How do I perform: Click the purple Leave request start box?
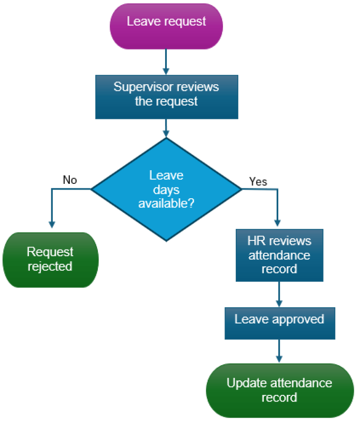pos(166,26)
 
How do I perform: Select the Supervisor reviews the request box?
pos(166,97)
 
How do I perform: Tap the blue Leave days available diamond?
pos(166,189)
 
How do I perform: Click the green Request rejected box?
pos(50,260)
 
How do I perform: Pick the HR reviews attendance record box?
pos(279,255)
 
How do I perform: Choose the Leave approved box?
pos(279,322)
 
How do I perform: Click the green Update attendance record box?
pos(279,390)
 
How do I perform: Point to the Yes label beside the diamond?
pos(258,181)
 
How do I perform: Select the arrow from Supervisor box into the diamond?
pos(166,128)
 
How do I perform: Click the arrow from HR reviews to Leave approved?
pos(279,294)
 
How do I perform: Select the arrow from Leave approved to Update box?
pos(279,351)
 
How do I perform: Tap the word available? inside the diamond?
pos(166,203)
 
